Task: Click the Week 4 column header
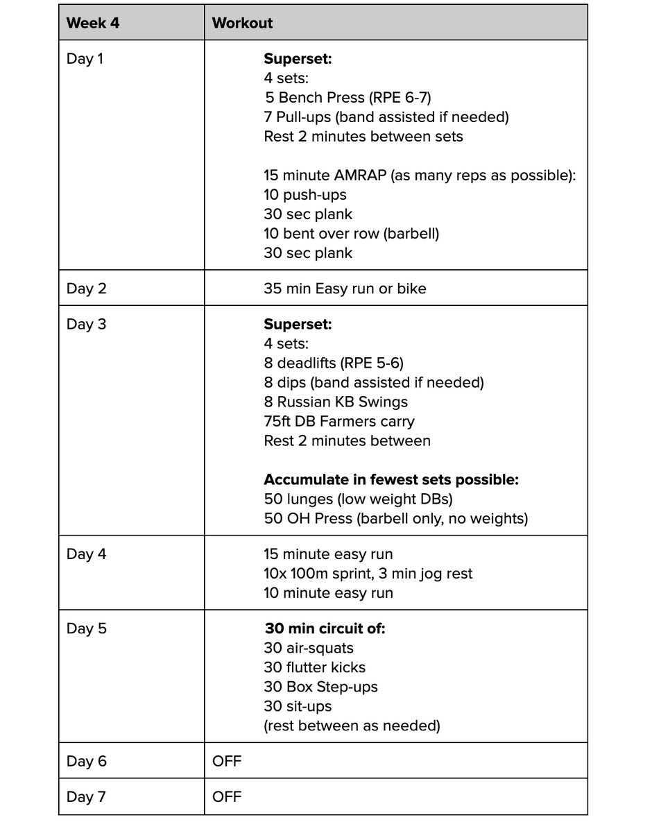(x=93, y=23)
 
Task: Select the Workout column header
(x=242, y=23)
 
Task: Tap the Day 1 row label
(x=85, y=59)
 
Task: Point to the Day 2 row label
(x=86, y=289)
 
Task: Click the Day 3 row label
(x=86, y=324)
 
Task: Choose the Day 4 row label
(x=86, y=554)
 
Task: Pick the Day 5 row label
(x=86, y=629)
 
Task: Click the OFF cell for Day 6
(x=227, y=762)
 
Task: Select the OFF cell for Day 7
(x=227, y=797)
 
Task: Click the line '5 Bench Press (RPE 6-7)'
(x=352, y=98)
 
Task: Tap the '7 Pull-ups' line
(x=386, y=117)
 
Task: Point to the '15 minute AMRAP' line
(x=420, y=175)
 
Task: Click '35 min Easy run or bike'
(x=345, y=289)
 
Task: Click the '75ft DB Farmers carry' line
(x=339, y=421)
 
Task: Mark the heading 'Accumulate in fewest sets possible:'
(x=391, y=479)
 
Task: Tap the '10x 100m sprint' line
(x=368, y=574)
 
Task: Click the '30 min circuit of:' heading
(x=325, y=629)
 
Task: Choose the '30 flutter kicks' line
(x=314, y=668)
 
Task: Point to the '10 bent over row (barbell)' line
(x=351, y=234)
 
